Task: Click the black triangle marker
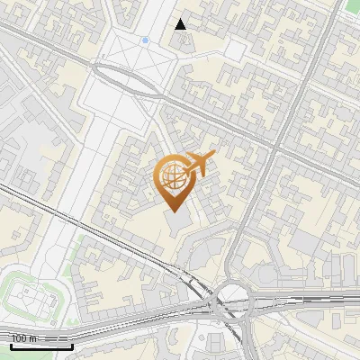tap(181, 24)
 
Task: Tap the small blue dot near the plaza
tap(145, 40)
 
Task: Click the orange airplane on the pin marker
tap(200, 165)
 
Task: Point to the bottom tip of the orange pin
tap(173, 211)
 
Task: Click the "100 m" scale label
tap(24, 338)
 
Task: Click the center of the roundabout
tap(232, 296)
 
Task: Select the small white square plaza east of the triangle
tap(234, 49)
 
